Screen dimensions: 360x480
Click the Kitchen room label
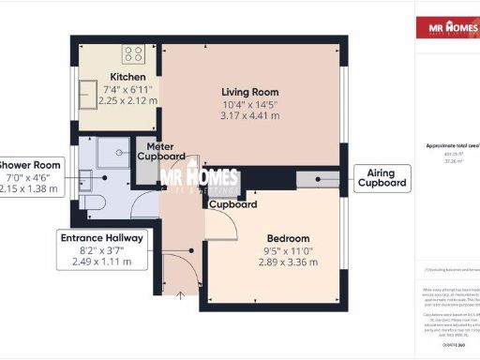point(127,77)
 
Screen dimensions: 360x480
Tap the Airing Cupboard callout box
point(382,178)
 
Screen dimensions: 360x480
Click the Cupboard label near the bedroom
point(233,203)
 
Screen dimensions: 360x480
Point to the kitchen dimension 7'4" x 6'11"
point(127,88)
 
